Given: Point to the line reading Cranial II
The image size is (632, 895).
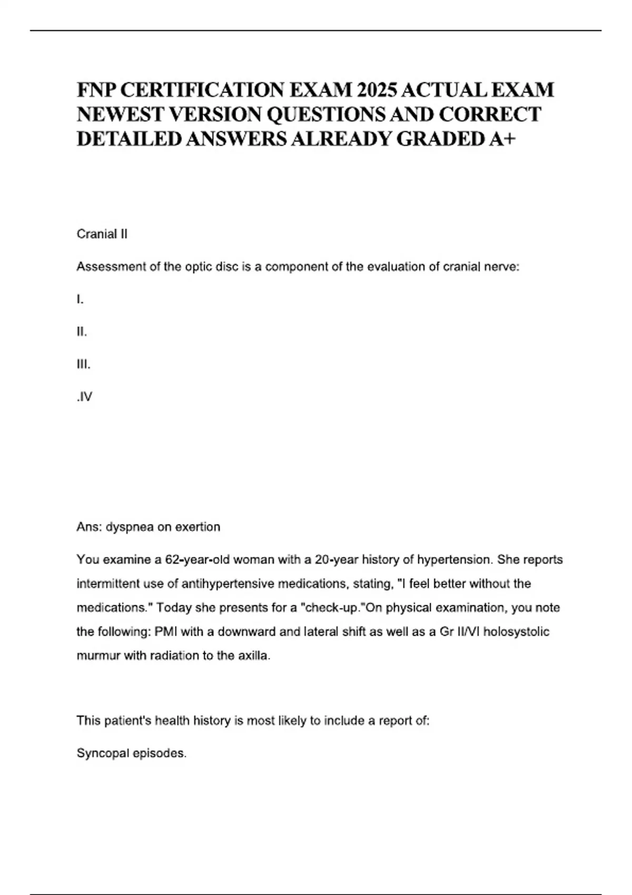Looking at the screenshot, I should [102, 234].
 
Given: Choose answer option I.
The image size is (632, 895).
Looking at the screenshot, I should [80, 299].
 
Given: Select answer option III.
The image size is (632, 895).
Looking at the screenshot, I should [83, 364].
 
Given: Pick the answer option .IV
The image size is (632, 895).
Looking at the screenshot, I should [84, 396].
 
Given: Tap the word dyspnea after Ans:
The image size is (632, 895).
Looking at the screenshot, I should [130, 527].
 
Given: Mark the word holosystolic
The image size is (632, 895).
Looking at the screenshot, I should [516, 631].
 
